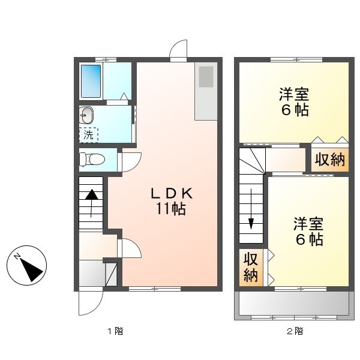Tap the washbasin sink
86,115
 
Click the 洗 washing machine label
89,135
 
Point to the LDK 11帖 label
171,202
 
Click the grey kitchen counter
206,90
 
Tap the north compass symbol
28,266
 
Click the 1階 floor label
115,331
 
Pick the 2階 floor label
294,331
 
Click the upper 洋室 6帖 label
294,103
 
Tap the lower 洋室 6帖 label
308,232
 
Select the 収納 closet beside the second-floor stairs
250,268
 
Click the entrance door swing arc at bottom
88,303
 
